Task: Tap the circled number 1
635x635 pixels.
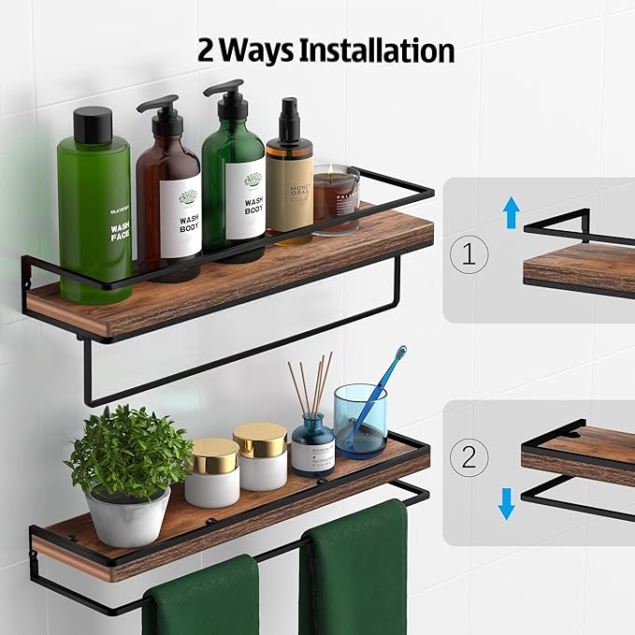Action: click(x=469, y=254)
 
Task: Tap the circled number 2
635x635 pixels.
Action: click(x=469, y=457)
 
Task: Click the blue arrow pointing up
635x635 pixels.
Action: click(x=511, y=213)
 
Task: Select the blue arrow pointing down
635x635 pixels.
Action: click(x=507, y=504)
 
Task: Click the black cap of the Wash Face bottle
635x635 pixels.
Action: click(x=93, y=125)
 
